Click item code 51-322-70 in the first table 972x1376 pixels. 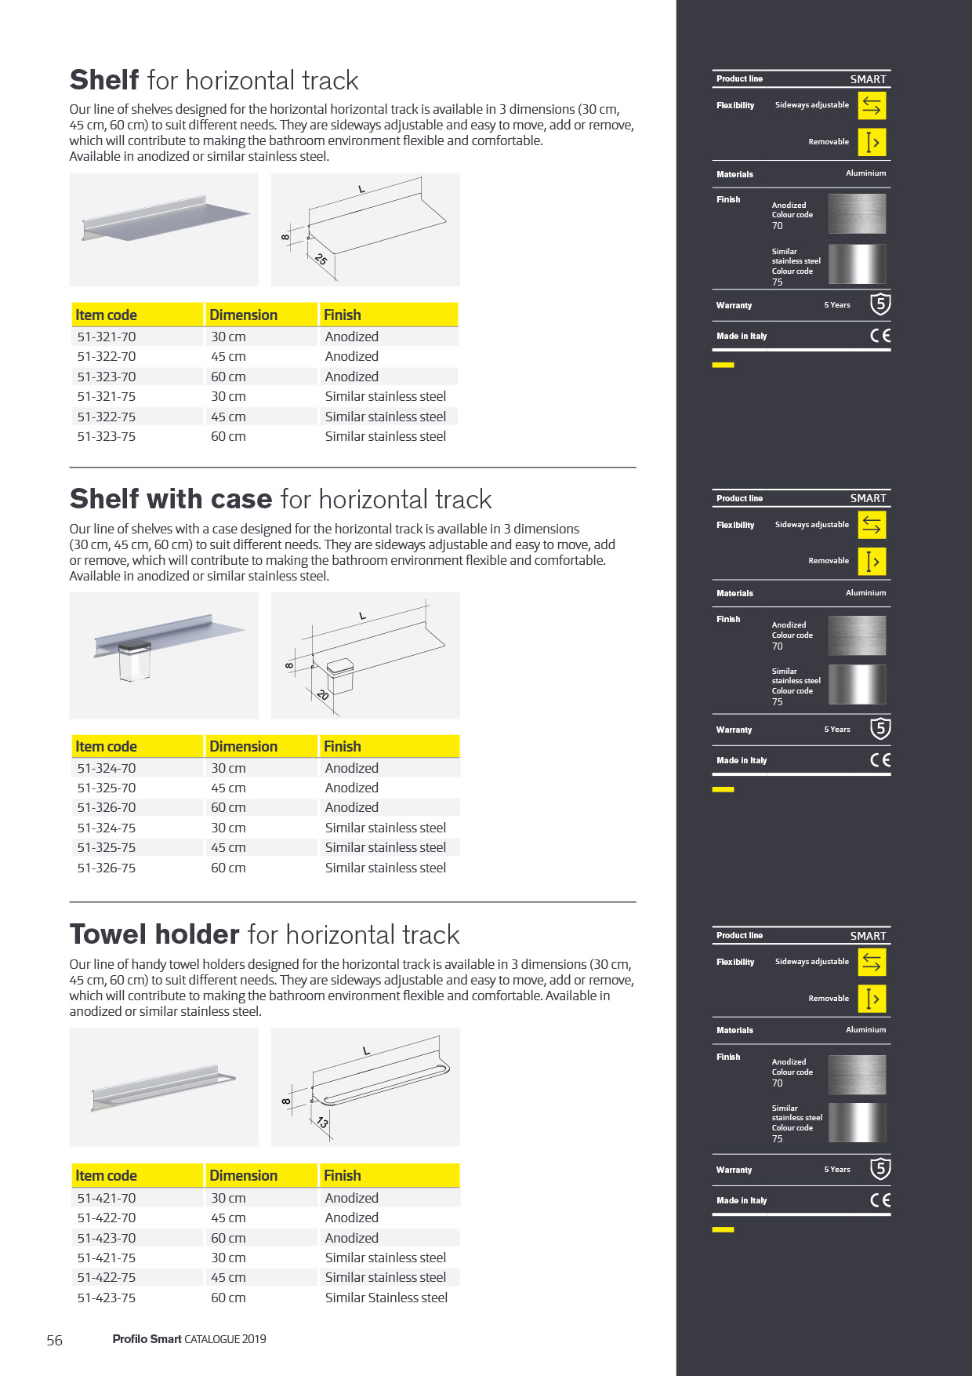point(107,357)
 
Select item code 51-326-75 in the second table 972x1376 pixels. point(107,868)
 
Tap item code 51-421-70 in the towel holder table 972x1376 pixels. point(107,1198)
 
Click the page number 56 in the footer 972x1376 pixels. point(54,1340)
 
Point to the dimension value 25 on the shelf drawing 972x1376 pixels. point(321,259)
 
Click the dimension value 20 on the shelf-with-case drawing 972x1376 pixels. point(322,694)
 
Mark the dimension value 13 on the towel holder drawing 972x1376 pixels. point(322,1123)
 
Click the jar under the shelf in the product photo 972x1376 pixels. point(134,661)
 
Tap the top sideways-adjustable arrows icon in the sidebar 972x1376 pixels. point(872,105)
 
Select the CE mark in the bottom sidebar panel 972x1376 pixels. point(880,1200)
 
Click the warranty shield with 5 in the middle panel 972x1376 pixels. point(880,729)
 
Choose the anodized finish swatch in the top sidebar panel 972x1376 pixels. point(857,213)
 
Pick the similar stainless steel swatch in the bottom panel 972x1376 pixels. point(857,1123)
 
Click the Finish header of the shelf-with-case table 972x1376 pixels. point(343,746)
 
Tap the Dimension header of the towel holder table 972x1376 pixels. point(243,1175)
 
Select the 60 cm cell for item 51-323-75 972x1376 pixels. point(228,437)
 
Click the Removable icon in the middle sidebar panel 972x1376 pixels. point(872,561)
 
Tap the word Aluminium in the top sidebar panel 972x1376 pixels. point(865,173)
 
